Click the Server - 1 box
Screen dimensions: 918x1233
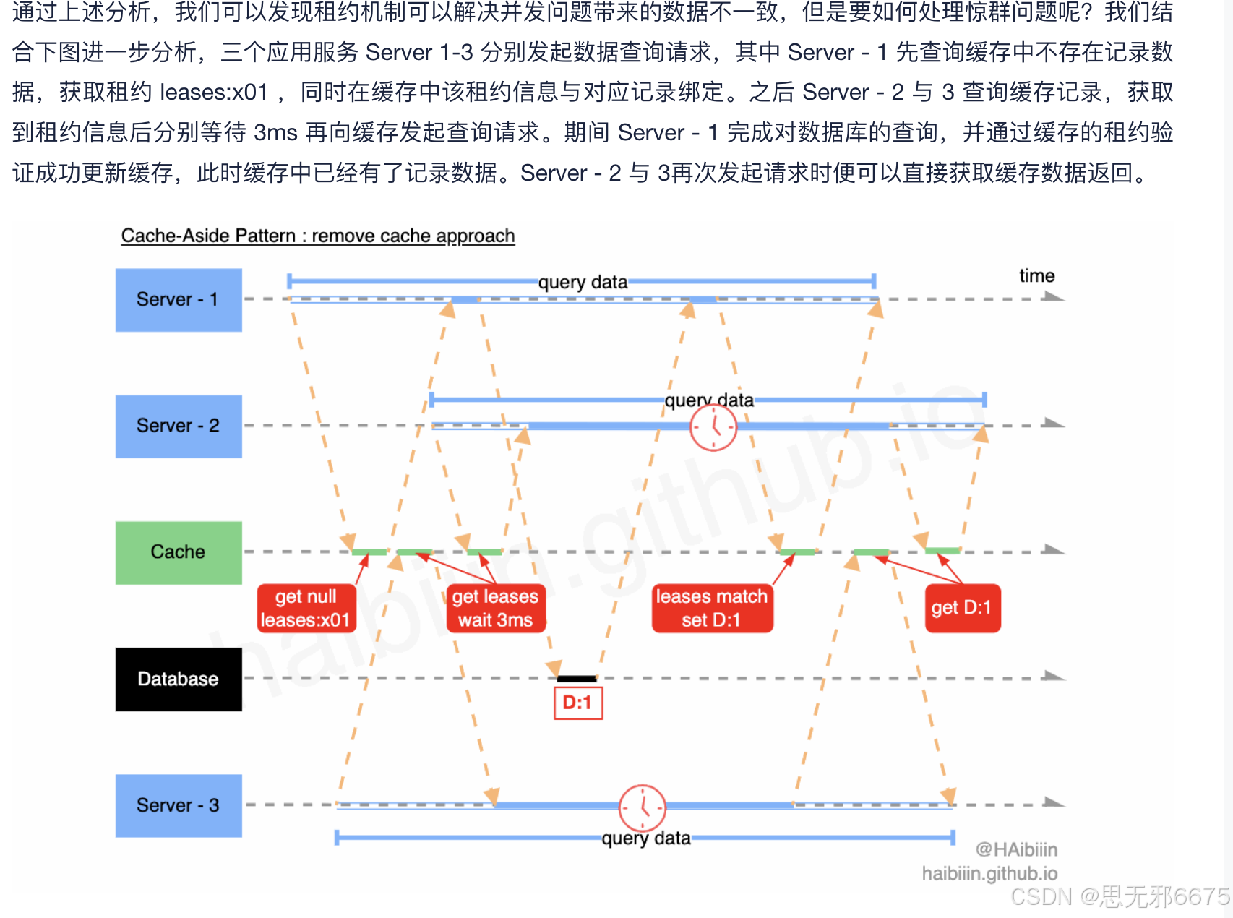[x=179, y=300]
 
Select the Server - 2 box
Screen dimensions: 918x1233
[x=179, y=426]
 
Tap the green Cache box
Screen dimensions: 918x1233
[x=179, y=552]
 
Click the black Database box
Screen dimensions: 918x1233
[x=179, y=679]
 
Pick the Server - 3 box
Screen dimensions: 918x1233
[x=179, y=805]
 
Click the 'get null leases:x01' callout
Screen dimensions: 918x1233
[x=306, y=608]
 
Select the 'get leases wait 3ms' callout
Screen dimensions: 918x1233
[x=496, y=608]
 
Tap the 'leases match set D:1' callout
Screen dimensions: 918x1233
[x=712, y=608]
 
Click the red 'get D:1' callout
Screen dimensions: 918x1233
[x=962, y=608]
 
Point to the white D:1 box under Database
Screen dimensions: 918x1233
[x=577, y=703]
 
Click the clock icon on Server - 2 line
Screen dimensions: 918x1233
[x=713, y=427]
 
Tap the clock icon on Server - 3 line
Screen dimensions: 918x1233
[x=642, y=807]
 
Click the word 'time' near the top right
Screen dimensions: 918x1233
[x=1036, y=275]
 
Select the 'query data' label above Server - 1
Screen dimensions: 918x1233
[x=583, y=282]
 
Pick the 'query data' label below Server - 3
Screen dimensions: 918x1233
[x=646, y=838]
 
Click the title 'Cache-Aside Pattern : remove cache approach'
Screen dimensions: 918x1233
[x=318, y=236]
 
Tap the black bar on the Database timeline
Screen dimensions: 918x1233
[x=577, y=679]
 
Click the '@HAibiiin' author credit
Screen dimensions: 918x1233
[x=1015, y=849]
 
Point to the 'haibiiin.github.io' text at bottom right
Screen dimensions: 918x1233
[x=989, y=874]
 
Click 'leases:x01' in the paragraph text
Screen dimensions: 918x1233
[x=214, y=93]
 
